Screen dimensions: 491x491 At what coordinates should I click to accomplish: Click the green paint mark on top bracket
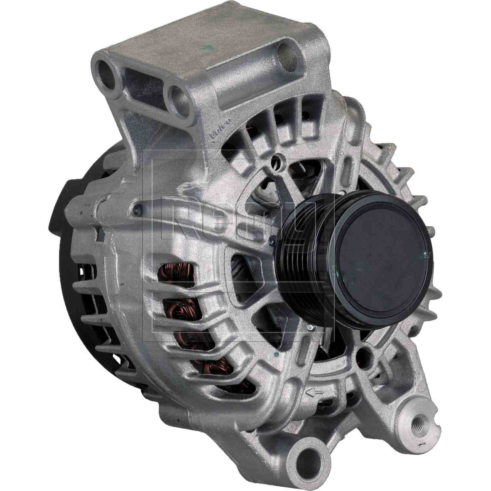(206, 49)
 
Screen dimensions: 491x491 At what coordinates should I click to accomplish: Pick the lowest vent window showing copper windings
(209, 363)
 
